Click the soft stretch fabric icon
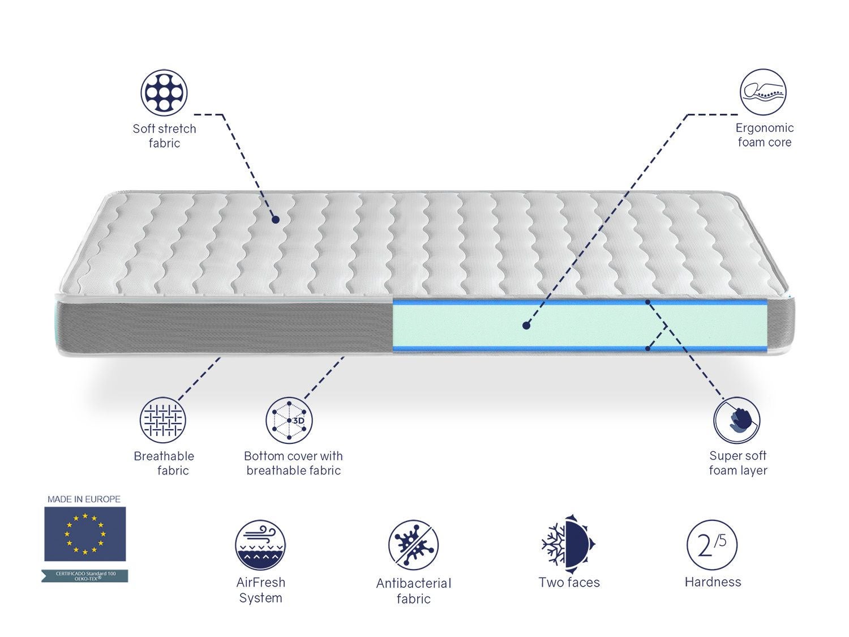(164, 92)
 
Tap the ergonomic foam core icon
(763, 92)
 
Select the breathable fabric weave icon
(163, 420)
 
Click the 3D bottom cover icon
(289, 420)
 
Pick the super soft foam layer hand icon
(736, 420)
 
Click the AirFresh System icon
(260, 545)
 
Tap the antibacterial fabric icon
(413, 545)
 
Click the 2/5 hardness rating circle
(712, 545)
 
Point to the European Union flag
(85, 533)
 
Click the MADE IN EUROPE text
(84, 499)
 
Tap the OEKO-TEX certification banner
(85, 576)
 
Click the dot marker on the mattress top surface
(276, 219)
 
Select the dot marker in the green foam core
(526, 325)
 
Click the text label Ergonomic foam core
(764, 135)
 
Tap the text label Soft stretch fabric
(164, 136)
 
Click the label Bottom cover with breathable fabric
(293, 463)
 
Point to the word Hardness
(713, 582)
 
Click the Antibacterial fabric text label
(413, 591)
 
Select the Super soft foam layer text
(737, 463)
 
